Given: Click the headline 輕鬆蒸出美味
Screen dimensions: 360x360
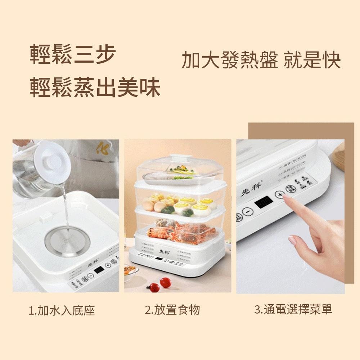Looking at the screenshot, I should pos(95,87).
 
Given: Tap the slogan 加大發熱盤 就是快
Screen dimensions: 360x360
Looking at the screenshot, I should pos(261,60).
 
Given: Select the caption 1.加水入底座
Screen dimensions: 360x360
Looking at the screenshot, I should pos(62,310).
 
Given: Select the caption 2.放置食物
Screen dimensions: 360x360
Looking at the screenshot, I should pos(172,310).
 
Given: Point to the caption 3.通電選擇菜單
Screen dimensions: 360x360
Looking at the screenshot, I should pos(293,309).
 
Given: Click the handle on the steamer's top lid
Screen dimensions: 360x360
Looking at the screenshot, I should pos(180,157).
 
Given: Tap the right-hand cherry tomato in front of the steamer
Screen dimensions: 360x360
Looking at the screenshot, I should pos(165,282).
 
